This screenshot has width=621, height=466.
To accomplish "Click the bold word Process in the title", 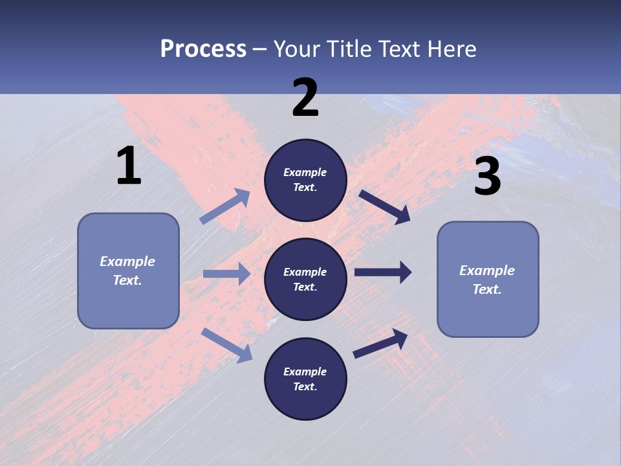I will [203, 49].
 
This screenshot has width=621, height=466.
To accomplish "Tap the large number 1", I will [129, 166].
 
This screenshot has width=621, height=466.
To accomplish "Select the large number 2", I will [305, 98].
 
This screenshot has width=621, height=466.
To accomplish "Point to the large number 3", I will [487, 177].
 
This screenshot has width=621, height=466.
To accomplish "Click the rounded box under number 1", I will [128, 271].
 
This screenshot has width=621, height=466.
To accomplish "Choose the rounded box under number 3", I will [488, 279].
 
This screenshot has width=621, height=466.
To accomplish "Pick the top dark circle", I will [305, 180].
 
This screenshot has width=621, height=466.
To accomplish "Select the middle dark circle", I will [305, 279].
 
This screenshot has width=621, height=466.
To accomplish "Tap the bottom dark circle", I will [305, 379].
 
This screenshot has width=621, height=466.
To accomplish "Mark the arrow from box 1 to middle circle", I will [226, 274].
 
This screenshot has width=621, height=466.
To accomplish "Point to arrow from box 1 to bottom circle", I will [226, 344].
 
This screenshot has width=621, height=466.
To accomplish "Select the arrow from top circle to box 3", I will [385, 206].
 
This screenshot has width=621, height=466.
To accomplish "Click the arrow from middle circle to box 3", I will [382, 272].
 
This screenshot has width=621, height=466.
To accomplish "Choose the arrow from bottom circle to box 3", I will [380, 343].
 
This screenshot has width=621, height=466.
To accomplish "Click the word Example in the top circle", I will [305, 172].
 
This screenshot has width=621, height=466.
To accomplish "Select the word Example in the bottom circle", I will [305, 372].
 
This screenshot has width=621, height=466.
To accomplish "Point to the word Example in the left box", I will [127, 261].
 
